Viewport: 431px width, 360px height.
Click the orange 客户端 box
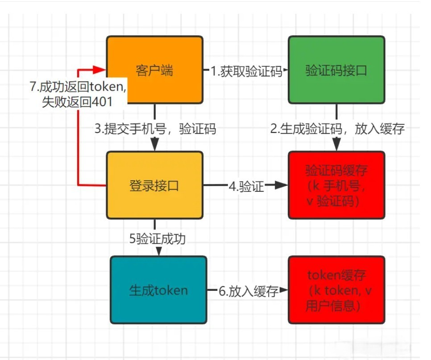click(x=154, y=70)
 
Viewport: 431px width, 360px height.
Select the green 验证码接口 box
click(x=336, y=70)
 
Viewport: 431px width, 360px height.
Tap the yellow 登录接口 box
click(x=154, y=185)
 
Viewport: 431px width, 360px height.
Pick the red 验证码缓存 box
click(x=336, y=185)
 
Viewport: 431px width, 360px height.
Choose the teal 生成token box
click(x=158, y=290)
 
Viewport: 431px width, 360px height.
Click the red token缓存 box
click(x=336, y=290)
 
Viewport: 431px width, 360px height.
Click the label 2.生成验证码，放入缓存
click(x=337, y=129)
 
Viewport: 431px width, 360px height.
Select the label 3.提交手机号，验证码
click(x=155, y=129)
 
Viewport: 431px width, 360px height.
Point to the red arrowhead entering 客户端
click(x=101, y=70)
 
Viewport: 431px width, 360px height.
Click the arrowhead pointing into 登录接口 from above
click(x=154, y=145)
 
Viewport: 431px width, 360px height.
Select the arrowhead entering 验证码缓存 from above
click(x=336, y=145)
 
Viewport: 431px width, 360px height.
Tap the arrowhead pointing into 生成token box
click(x=158, y=251)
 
